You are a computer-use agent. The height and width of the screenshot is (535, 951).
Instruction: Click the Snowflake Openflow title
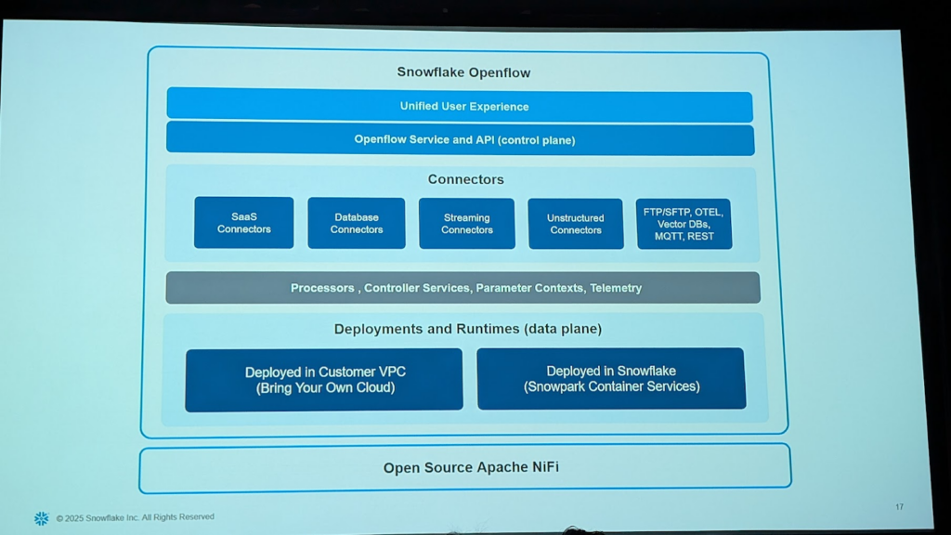(463, 72)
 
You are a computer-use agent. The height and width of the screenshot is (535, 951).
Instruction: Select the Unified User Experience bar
(460, 106)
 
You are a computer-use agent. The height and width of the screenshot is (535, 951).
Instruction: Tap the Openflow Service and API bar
(461, 139)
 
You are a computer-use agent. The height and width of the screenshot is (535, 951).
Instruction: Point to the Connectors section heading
(466, 179)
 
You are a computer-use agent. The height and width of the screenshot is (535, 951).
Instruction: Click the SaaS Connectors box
(244, 223)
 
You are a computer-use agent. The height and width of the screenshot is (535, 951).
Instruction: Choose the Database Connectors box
(357, 223)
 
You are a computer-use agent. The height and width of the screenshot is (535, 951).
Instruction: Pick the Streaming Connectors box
(467, 224)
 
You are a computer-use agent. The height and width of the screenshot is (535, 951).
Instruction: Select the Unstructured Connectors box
(576, 224)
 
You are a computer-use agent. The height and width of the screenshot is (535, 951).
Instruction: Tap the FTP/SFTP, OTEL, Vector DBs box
(684, 224)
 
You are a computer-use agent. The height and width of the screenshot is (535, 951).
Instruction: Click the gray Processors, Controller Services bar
(462, 288)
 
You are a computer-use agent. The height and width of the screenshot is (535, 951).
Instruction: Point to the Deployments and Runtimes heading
(468, 329)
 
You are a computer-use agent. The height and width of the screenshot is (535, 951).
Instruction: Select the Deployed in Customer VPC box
(324, 380)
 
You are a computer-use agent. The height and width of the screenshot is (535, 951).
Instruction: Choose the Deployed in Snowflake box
(611, 379)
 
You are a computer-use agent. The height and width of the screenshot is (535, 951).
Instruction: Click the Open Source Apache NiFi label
(471, 468)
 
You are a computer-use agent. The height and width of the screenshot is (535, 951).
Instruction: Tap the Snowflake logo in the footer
(41, 518)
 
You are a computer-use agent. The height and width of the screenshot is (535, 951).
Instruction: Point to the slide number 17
(899, 506)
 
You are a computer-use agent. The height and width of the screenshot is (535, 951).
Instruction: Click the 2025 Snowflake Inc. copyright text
(136, 517)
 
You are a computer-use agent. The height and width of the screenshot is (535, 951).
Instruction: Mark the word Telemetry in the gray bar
(616, 288)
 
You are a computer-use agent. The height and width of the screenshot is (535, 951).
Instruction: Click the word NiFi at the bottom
(546, 467)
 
